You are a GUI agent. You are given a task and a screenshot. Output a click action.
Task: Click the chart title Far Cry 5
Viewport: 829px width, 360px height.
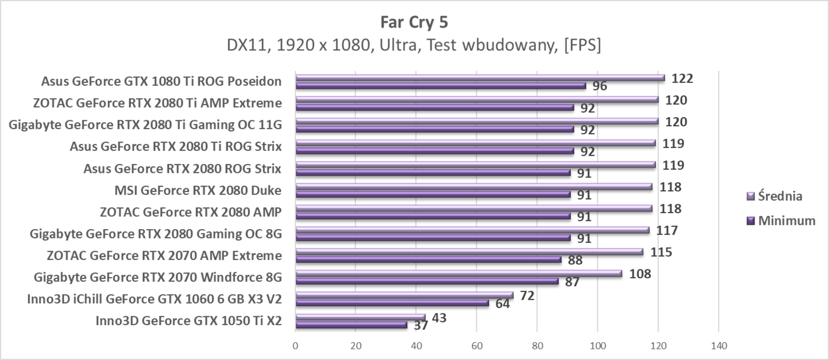click(414, 22)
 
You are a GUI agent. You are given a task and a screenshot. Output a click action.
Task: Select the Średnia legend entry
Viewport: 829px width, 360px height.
click(780, 196)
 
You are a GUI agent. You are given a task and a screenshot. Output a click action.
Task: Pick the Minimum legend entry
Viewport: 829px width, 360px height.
click(781, 221)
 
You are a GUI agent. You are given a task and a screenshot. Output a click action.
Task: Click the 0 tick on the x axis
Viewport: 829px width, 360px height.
click(295, 345)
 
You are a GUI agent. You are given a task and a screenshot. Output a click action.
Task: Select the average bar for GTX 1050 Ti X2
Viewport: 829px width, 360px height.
click(360, 317)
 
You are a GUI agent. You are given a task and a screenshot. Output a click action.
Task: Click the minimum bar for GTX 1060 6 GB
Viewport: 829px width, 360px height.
click(392, 303)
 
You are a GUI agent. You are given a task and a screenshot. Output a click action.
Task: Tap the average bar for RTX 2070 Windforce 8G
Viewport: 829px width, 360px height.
click(459, 274)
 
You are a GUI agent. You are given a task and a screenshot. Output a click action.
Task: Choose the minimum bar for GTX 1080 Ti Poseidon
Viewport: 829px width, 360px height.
click(441, 86)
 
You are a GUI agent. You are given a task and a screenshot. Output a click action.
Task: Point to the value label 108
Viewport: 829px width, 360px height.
click(640, 274)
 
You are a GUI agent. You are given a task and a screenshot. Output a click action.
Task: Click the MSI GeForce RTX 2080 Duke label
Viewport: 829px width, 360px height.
click(197, 191)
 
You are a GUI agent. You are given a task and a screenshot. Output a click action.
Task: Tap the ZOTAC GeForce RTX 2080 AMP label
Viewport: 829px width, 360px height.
click(190, 213)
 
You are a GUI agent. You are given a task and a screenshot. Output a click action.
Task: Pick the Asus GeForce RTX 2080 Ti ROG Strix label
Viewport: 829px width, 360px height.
click(175, 147)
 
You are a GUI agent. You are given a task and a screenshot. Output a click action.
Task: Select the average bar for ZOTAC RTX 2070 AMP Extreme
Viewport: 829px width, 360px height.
click(469, 252)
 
